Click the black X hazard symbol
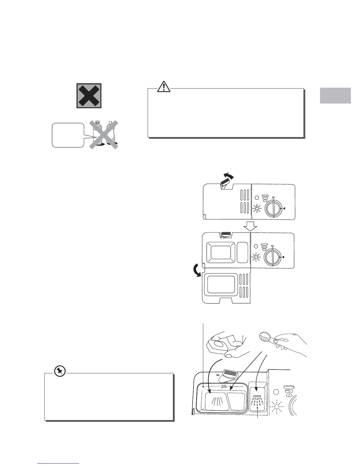[x=89, y=96]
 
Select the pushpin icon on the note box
[x=60, y=371]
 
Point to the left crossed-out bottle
[x=97, y=133]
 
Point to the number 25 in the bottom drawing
[x=224, y=386]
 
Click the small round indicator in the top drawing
[x=256, y=198]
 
